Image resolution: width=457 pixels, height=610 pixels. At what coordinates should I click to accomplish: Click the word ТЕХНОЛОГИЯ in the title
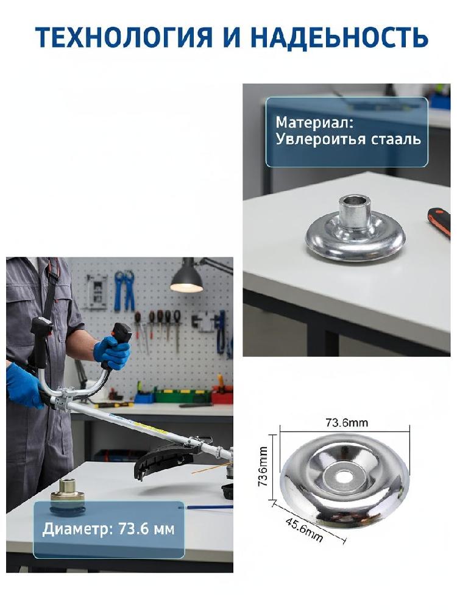124,38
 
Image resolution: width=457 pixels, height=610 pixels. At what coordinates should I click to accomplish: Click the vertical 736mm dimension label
263,467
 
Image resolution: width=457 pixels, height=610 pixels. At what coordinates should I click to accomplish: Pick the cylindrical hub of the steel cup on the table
354,214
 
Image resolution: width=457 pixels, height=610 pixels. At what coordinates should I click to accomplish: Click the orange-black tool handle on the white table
439,223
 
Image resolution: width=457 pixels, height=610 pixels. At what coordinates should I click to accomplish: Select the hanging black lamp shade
187,276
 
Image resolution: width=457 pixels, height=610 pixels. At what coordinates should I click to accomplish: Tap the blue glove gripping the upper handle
112,352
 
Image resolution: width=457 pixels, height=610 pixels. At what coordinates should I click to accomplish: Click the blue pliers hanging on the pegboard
124,290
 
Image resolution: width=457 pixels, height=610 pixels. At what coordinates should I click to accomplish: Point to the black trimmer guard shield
163,459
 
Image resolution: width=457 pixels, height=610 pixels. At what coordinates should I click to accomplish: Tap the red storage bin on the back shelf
222,396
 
